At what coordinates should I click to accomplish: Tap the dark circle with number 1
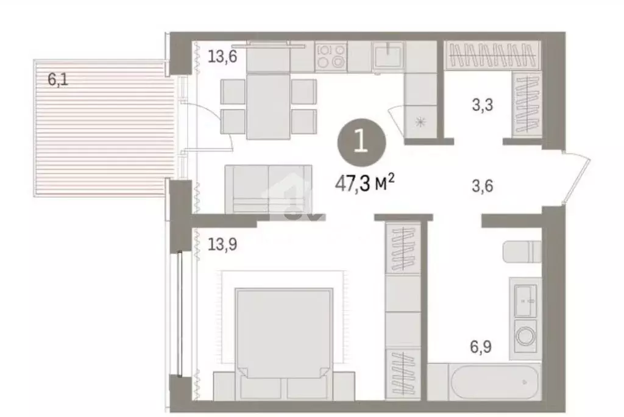[x=361, y=143]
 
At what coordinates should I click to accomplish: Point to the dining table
[x=268, y=106]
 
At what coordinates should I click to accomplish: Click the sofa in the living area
[x=268, y=189]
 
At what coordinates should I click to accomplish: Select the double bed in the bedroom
[x=283, y=335]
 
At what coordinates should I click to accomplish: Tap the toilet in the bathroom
[x=522, y=251]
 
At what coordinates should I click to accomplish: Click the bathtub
[x=484, y=382]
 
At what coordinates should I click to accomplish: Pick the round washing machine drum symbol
[x=525, y=335]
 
